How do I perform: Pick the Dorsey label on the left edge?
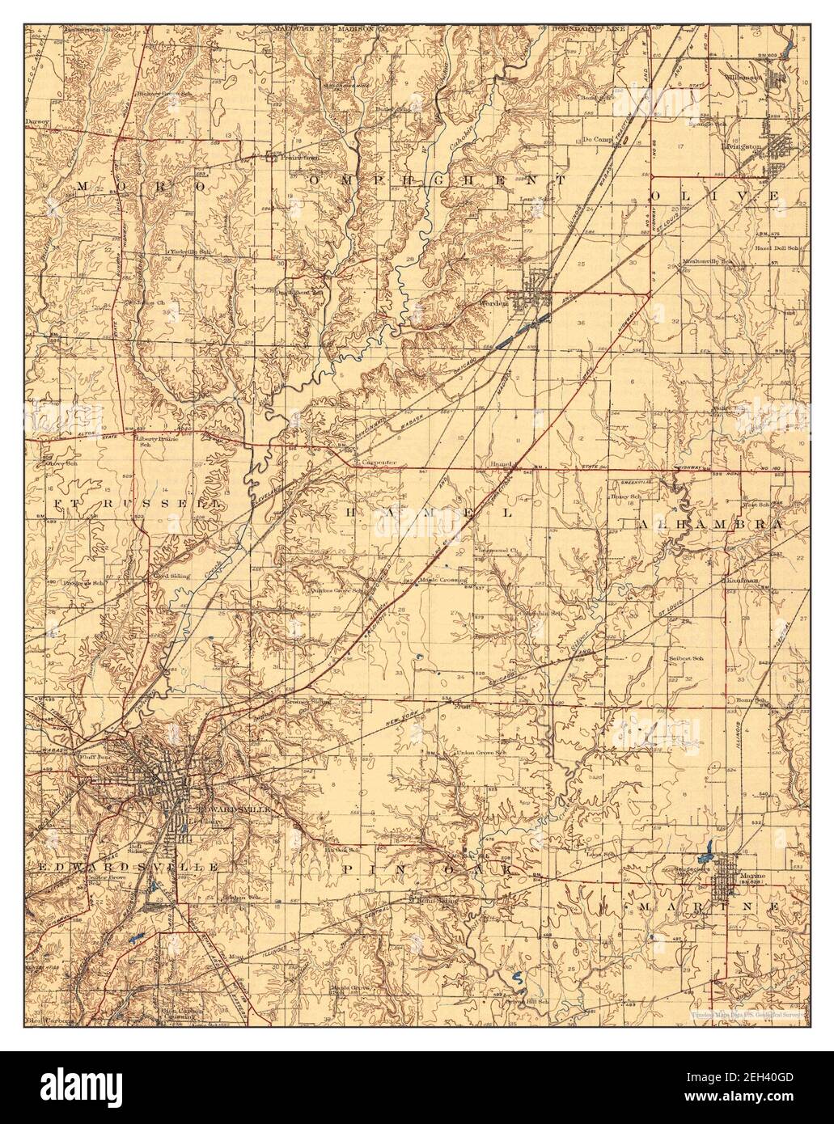[37, 120]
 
